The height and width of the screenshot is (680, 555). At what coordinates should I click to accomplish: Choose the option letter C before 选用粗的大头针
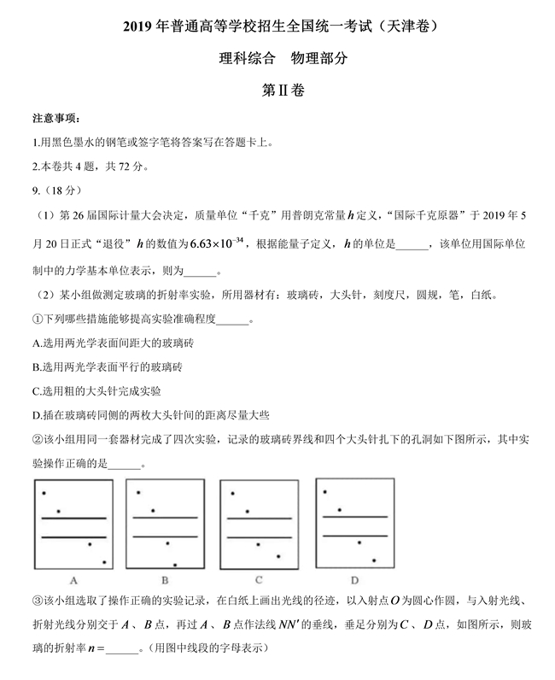[x=35, y=391]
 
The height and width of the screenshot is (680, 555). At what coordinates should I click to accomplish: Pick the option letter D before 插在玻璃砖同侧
[x=35, y=415]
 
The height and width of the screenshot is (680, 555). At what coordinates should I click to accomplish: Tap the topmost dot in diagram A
[x=44, y=493]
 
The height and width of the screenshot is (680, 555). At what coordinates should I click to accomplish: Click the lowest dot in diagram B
[x=175, y=565]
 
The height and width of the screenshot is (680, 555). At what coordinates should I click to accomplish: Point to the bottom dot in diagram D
[x=371, y=560]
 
